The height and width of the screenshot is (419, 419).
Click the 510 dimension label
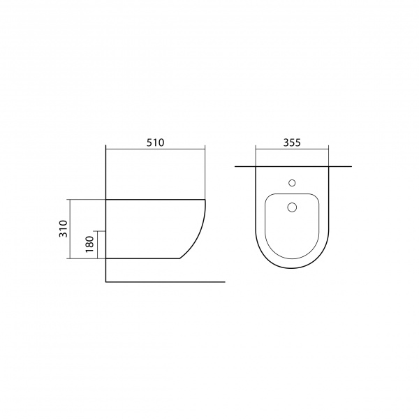[x=155, y=142]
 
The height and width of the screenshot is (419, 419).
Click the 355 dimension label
[x=292, y=142]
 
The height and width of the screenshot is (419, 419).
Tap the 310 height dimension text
[x=64, y=229]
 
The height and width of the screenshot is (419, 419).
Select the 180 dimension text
[x=89, y=244]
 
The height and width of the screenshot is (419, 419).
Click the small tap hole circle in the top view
[x=292, y=183]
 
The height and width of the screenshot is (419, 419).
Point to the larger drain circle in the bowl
[x=292, y=207]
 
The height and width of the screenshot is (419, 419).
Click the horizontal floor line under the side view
[x=166, y=281]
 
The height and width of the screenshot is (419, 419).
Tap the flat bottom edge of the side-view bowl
[x=142, y=258]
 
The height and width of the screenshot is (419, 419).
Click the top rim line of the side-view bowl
[x=156, y=200]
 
